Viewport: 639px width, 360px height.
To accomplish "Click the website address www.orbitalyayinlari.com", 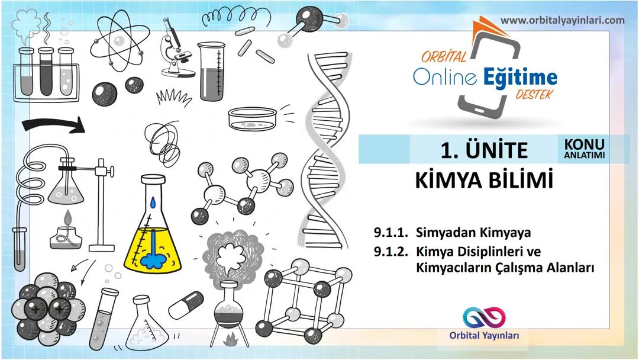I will click(562, 21).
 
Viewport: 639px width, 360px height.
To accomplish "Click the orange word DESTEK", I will click(532, 94).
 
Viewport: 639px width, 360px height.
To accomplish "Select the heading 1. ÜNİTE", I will click(483, 150).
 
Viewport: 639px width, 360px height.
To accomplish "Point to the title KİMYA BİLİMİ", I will click(484, 180).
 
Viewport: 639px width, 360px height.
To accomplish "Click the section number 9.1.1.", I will click(390, 232).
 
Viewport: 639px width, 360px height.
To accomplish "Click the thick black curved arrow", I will click(53, 125).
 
